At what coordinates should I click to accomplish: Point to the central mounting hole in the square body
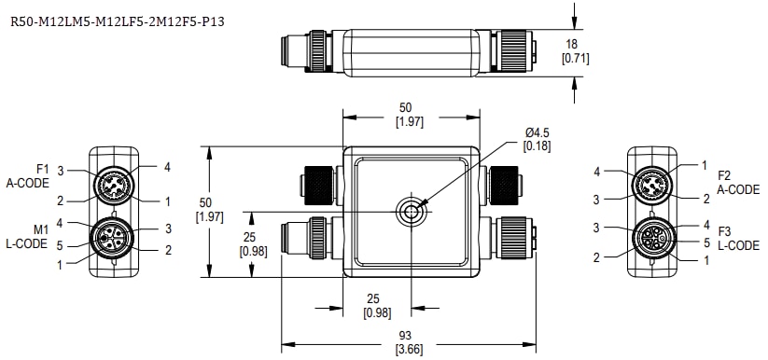pyautogui.click(x=411, y=212)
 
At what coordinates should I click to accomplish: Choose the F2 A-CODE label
pyautogui.click(x=738, y=182)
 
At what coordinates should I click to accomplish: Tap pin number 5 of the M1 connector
pyautogui.click(x=63, y=245)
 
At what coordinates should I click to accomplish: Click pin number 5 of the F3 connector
pyautogui.click(x=691, y=242)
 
